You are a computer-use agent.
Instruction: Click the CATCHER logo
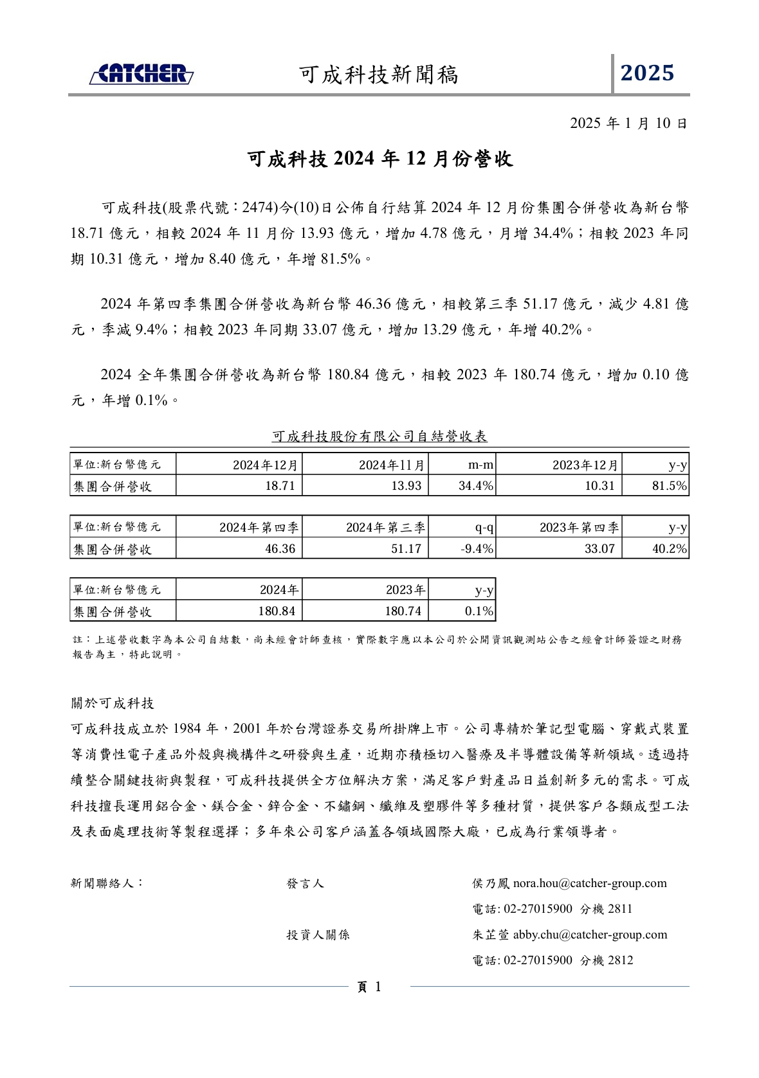142,74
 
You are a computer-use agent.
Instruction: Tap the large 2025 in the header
647,73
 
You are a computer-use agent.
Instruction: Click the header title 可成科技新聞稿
379,75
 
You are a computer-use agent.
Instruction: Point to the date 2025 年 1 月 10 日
628,123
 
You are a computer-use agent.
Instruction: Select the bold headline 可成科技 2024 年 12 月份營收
380,159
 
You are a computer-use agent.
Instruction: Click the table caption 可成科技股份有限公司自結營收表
379,436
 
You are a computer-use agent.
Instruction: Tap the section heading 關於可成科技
113,703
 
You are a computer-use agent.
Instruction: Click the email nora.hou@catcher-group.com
590,883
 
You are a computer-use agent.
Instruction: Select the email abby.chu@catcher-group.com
590,935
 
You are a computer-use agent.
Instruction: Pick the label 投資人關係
318,935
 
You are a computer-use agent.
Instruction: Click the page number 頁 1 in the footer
369,987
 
